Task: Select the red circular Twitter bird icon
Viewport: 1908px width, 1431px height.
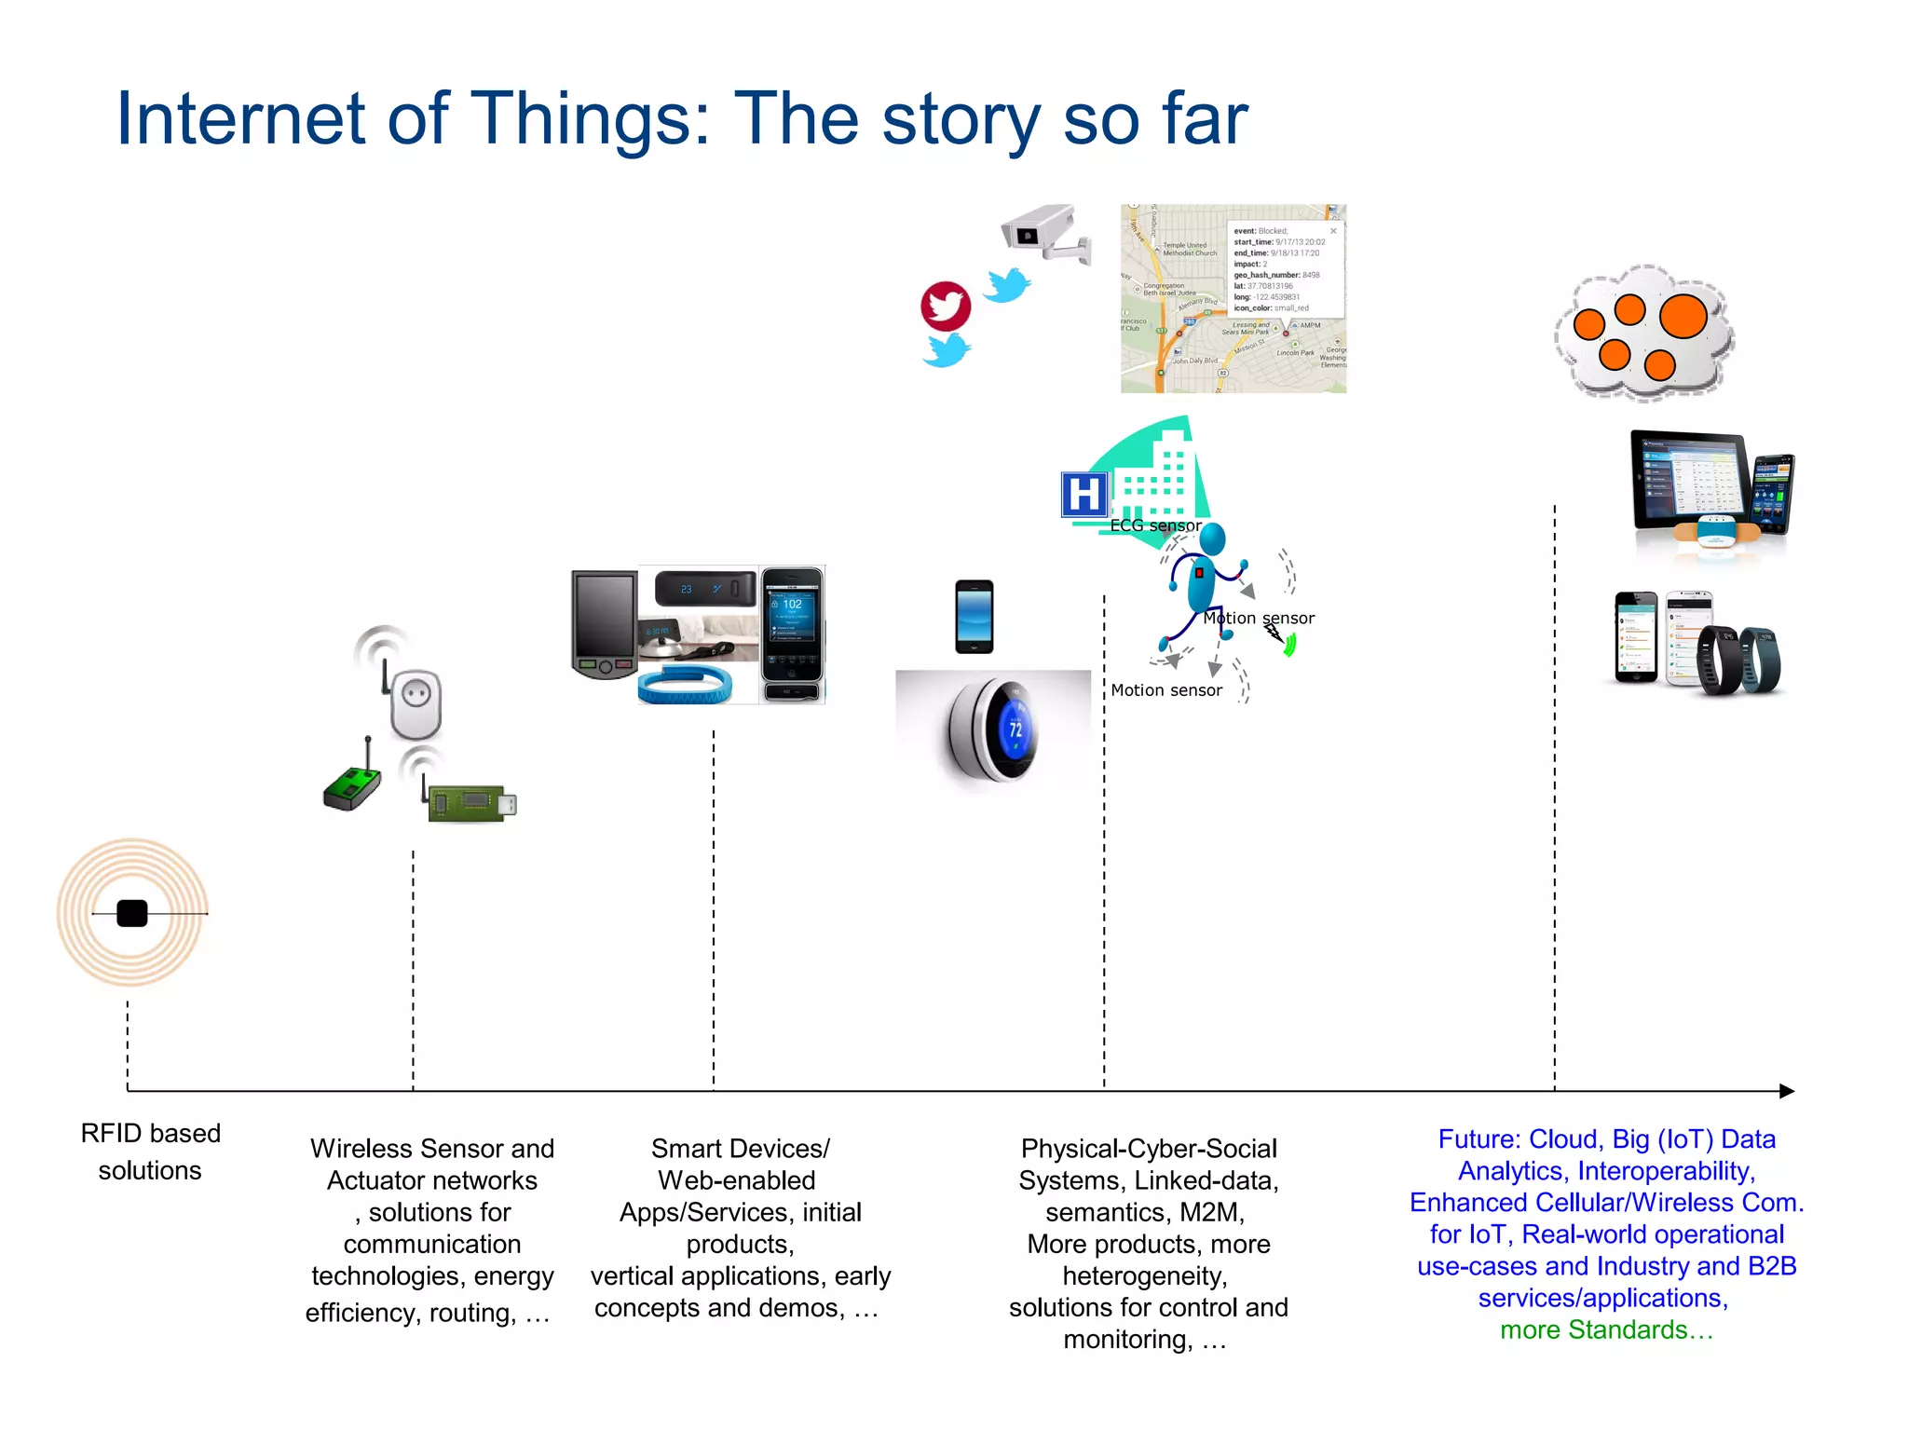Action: [x=946, y=306]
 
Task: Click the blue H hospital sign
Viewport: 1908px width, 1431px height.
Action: [x=1083, y=495]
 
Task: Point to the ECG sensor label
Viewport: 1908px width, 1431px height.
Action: [x=1154, y=525]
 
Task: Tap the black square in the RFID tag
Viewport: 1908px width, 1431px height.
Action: [x=132, y=913]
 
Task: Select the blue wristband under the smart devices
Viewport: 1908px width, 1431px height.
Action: [x=685, y=686]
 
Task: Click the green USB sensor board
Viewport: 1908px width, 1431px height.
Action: [x=470, y=803]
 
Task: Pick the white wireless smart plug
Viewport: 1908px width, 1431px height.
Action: [x=416, y=703]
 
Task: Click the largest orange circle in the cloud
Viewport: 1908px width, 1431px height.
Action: [x=1683, y=316]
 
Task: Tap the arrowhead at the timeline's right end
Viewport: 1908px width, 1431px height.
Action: [x=1786, y=1091]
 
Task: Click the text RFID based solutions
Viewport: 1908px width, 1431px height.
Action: [x=150, y=1152]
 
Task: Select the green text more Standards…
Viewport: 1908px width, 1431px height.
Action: [x=1606, y=1329]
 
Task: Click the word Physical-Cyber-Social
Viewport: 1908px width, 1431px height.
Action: [x=1148, y=1149]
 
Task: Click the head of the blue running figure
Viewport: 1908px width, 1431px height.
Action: [x=1212, y=538]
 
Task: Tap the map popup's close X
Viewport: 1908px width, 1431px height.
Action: [x=1333, y=231]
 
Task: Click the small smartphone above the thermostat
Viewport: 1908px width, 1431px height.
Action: [x=974, y=617]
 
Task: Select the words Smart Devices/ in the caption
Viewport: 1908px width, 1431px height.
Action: [x=740, y=1149]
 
